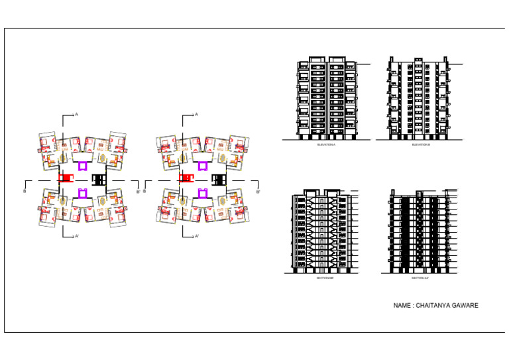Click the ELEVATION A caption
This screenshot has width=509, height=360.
click(326, 145)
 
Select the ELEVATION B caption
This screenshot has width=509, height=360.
click(421, 145)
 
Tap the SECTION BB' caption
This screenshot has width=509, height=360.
click(325, 278)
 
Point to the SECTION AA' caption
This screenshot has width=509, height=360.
click(420, 278)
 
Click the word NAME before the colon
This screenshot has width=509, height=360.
click(402, 306)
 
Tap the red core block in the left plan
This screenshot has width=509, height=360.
click(65, 179)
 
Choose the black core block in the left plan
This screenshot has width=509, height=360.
click(99, 179)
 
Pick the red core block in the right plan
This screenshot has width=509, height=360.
click(185, 179)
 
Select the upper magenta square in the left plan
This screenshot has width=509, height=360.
click(82, 166)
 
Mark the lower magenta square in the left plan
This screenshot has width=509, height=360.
click(82, 193)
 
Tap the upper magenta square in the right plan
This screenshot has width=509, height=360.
click(202, 166)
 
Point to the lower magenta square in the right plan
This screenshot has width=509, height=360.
click(202, 193)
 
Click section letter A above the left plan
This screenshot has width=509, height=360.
click(77, 115)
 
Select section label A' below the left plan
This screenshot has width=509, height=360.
click(78, 236)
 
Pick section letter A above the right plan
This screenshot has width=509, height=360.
click(197, 115)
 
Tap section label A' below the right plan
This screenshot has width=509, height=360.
click(198, 236)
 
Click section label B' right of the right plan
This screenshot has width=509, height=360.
click(258, 192)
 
